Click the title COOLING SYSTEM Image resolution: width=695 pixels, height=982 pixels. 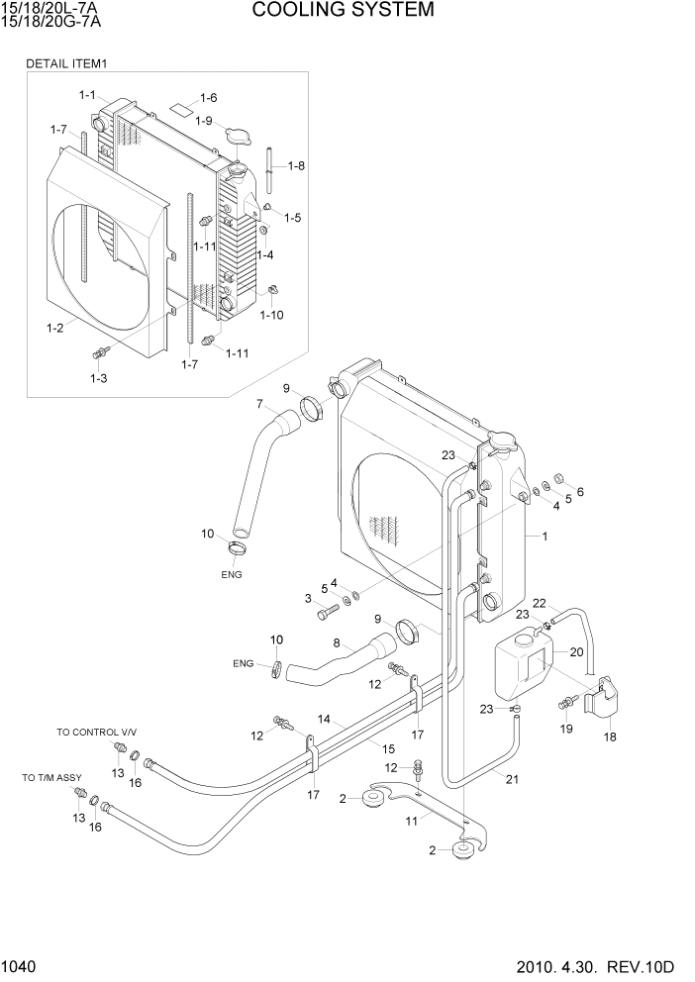click(x=343, y=11)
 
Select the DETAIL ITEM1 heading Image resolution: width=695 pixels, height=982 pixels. click(x=66, y=63)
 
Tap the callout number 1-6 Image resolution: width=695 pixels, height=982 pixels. click(x=208, y=97)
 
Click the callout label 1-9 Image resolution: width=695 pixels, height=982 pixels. click(x=203, y=121)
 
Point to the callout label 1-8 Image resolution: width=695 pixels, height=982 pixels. click(x=295, y=165)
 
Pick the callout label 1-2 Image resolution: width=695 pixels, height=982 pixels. click(x=55, y=325)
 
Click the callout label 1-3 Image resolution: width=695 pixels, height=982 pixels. click(x=98, y=378)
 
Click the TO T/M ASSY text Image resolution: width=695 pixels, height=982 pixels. click(x=51, y=778)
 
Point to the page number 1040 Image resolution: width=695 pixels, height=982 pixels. click(x=21, y=964)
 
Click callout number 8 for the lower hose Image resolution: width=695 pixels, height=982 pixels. click(x=337, y=643)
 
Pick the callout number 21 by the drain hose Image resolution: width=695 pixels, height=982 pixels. click(x=511, y=779)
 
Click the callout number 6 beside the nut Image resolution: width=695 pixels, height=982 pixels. click(x=580, y=491)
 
